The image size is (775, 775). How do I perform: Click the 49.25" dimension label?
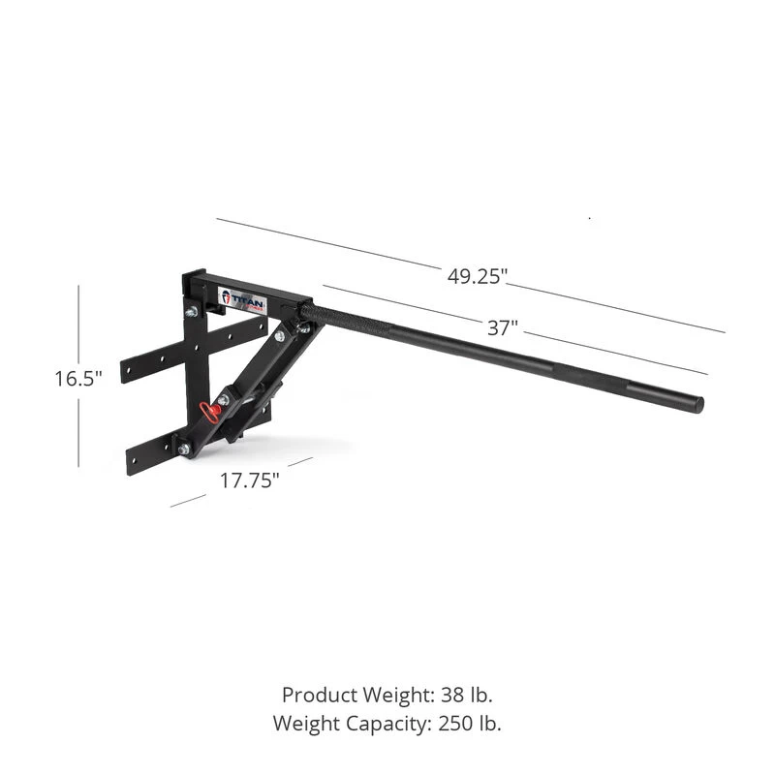478,276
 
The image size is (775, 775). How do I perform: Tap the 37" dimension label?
501,328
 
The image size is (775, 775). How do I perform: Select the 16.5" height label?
78,379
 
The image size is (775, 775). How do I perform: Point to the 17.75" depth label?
248,480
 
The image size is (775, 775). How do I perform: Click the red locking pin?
209,412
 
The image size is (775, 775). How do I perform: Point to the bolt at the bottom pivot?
184,449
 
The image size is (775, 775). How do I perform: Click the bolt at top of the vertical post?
191,311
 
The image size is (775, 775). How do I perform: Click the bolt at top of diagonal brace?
280,335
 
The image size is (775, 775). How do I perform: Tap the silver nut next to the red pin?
223,400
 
